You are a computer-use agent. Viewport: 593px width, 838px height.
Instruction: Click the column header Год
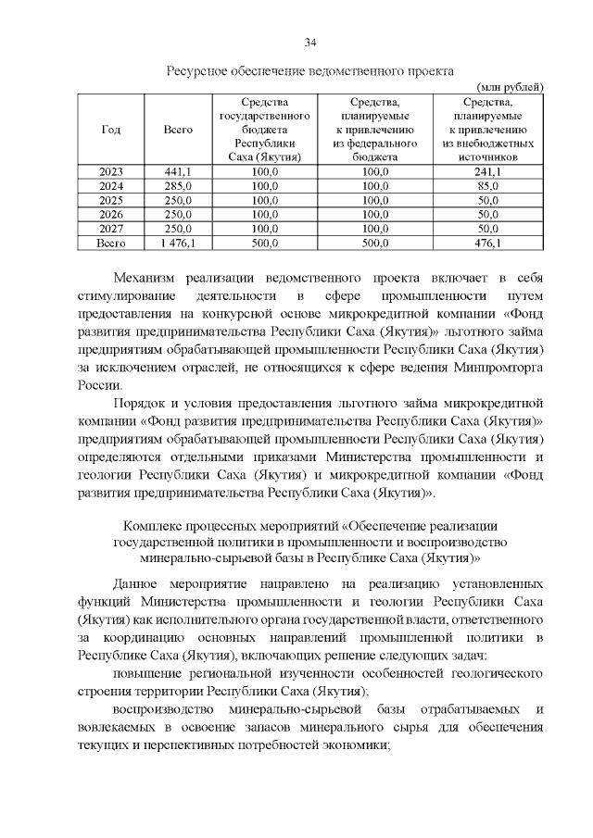tap(110, 130)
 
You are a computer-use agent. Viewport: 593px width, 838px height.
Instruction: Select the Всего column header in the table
tap(177, 130)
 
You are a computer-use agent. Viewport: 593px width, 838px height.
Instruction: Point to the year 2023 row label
tap(110, 172)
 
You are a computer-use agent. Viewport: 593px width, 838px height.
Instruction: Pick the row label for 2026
tap(110, 214)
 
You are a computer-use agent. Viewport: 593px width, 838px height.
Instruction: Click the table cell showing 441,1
tap(177, 172)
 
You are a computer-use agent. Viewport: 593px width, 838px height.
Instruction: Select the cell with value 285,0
tap(177, 186)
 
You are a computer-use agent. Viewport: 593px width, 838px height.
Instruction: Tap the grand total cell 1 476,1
tap(177, 243)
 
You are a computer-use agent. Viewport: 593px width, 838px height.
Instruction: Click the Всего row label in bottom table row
tap(110, 243)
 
